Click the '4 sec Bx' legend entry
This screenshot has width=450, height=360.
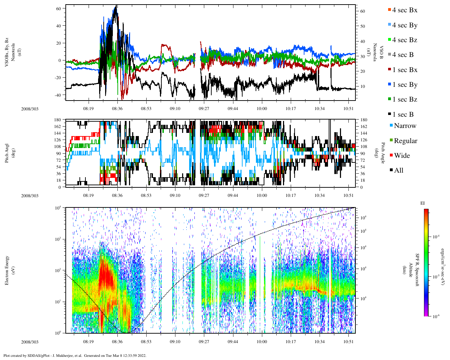(404, 10)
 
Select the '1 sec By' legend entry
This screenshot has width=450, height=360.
(404, 85)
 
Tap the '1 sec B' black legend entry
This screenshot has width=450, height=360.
(403, 115)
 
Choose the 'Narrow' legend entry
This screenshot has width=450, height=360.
(405, 126)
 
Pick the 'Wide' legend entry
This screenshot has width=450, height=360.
(401, 156)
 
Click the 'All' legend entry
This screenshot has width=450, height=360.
(398, 171)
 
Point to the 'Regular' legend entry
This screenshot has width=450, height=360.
(405, 141)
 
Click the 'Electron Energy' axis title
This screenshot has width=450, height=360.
(7, 270)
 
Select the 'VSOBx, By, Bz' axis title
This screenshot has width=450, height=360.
(7, 53)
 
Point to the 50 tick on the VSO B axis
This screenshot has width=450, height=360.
(362, 26)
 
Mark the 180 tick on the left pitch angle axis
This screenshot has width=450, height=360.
(58, 120)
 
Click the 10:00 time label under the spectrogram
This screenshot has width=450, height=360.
(262, 342)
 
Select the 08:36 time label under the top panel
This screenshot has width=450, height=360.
(117, 109)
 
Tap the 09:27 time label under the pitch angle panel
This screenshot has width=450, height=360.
(204, 195)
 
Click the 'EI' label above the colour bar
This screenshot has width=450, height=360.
(423, 203)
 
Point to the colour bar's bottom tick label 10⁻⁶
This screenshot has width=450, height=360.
(436, 316)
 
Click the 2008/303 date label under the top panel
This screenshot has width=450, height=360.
(30, 109)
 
